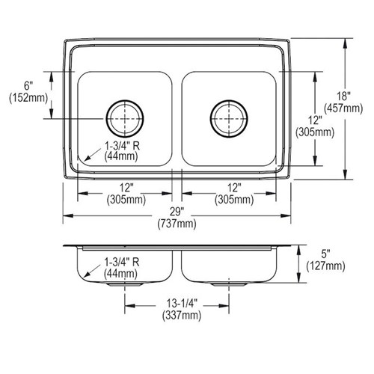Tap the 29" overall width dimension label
pos(177,212)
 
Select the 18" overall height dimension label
pos(343,96)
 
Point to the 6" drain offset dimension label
pos(28,86)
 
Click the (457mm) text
pos(343,108)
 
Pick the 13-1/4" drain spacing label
pos(182,304)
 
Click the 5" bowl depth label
pos(325,254)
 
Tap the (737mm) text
pos(177,224)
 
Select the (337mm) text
pos(182,316)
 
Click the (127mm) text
pos(325,266)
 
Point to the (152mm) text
pos(28,98)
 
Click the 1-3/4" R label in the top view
pos(121,146)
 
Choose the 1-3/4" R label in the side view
pos(121,262)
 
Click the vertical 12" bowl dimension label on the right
pos(315,120)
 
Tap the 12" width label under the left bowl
pos(126,188)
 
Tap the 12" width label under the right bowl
pos(234,188)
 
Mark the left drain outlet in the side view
pos(125,284)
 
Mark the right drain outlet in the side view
pos(229,284)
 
